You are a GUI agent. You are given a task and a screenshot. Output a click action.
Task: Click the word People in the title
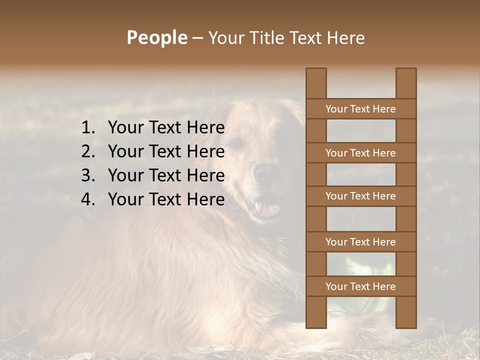coord(156,37)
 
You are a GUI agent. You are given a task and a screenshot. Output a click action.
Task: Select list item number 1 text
coord(166,127)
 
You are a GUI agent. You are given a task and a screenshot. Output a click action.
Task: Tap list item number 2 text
coord(166,151)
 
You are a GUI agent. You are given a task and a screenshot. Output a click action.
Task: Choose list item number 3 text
coord(166,175)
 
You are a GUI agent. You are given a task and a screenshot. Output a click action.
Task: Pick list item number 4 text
coord(166,199)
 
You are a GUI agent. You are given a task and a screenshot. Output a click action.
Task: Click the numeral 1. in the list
coord(88,127)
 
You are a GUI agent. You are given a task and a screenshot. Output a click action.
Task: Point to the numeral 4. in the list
coord(88,199)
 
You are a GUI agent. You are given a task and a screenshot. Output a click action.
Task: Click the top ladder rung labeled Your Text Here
coord(360,109)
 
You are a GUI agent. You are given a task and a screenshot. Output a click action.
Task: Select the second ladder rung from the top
coord(360,153)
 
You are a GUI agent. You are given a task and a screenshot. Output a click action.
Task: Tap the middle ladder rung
coord(360,196)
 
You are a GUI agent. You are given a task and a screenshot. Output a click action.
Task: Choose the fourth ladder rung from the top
coord(360,242)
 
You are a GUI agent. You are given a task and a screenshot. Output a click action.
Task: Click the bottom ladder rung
coord(360,286)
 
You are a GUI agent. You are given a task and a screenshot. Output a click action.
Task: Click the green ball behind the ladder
coord(361,265)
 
